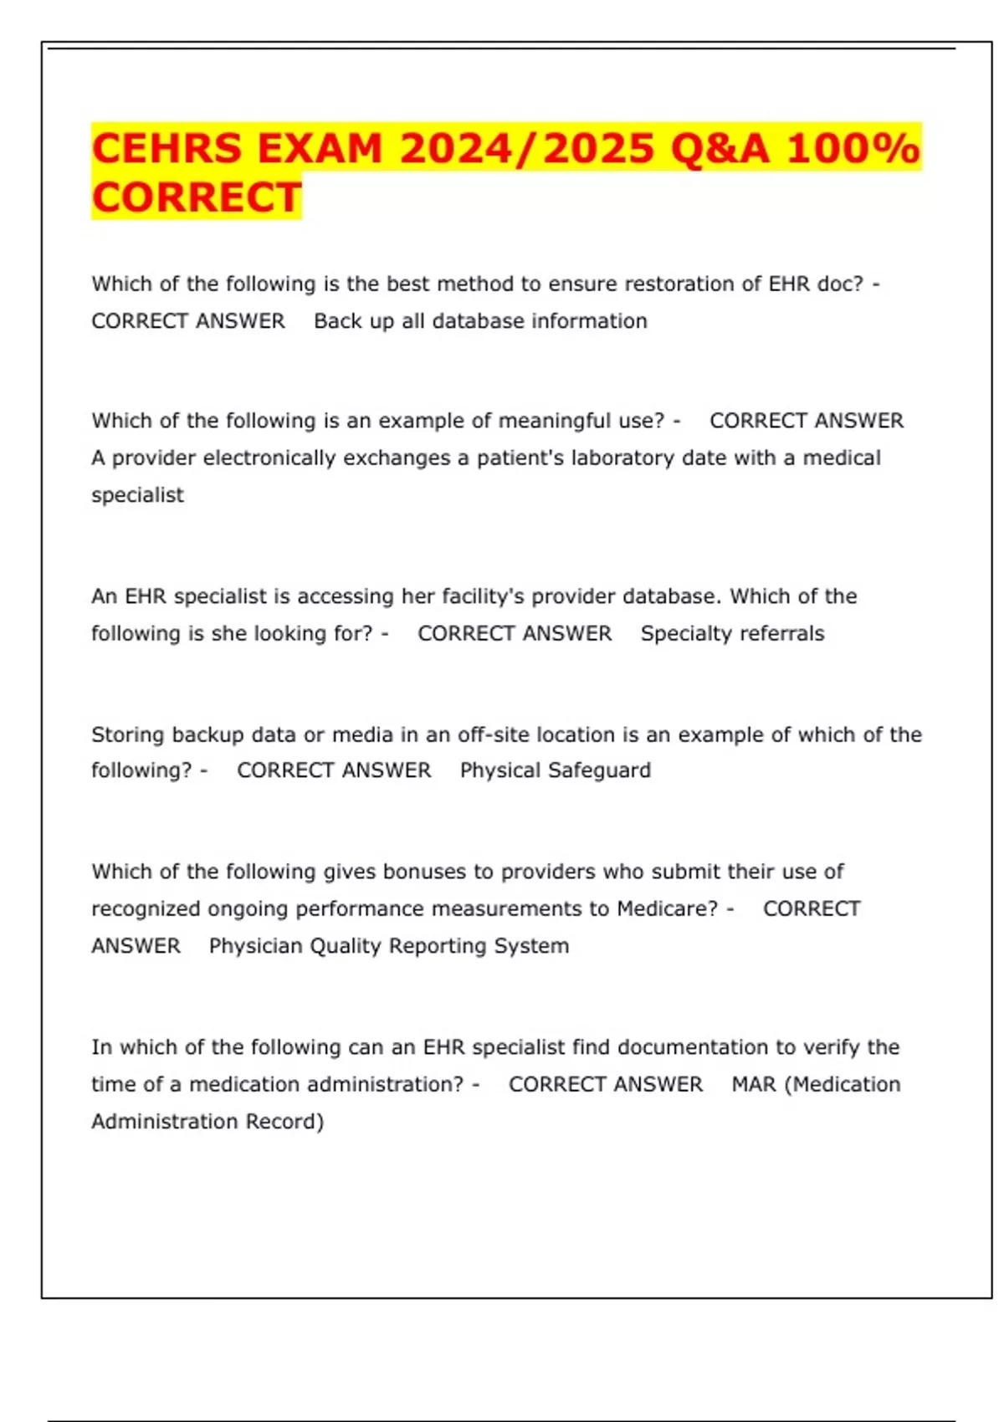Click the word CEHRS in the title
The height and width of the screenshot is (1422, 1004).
pos(167,149)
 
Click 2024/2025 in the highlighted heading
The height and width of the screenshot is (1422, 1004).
pos(527,149)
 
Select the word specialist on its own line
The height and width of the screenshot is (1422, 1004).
pos(137,495)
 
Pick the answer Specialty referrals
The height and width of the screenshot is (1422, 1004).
pos(732,634)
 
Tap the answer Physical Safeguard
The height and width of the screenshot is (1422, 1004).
pos(555,770)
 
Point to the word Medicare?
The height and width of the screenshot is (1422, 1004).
pos(667,909)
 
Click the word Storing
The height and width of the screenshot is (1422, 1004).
pos(128,735)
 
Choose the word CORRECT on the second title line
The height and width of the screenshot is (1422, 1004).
pos(197,198)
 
